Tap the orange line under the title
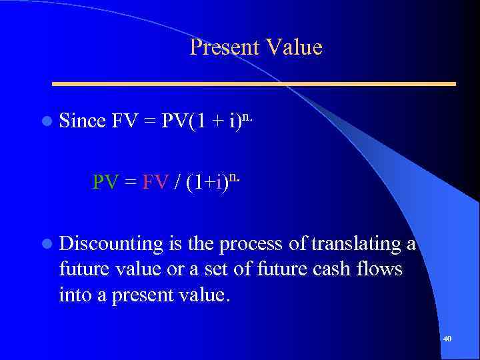point(254,84)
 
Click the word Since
point(83,121)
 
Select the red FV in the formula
point(155,181)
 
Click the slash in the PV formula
point(177,181)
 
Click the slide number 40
point(447,339)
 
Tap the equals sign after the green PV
point(130,182)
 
